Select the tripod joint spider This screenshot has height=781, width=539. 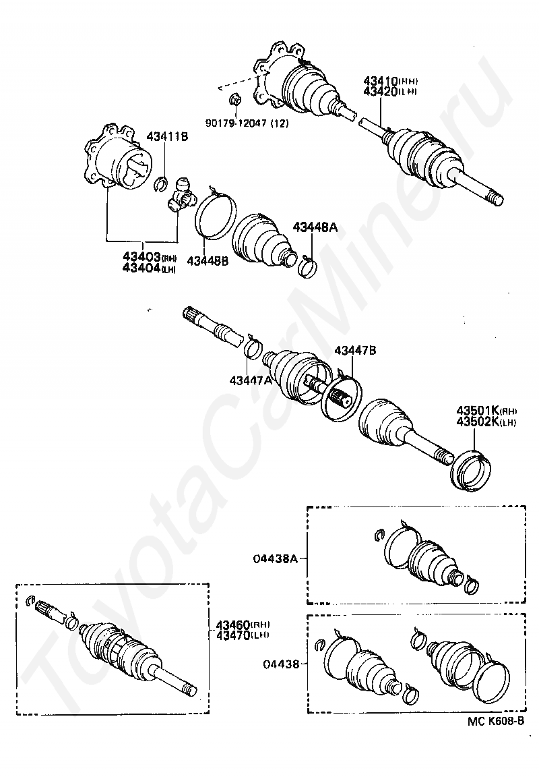pyautogui.click(x=182, y=195)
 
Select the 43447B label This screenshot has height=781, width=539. pyautogui.click(x=356, y=350)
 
